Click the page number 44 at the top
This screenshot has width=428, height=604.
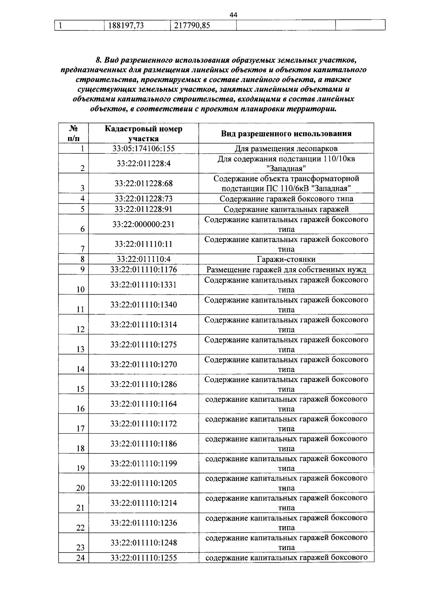point(234,15)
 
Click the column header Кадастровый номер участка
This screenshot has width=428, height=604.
point(143,134)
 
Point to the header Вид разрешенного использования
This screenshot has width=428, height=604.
point(286,134)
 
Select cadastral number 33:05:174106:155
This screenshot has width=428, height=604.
point(143,149)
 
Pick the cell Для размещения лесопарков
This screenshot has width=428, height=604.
point(286,149)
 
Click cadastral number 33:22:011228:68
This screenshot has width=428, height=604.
point(143,183)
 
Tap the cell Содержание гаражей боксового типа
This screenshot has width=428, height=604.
point(286,199)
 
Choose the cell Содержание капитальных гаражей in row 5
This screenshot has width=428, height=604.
point(286,209)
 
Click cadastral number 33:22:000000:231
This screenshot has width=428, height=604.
point(143,225)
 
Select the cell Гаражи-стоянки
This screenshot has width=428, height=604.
point(286,260)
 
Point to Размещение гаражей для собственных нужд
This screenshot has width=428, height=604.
point(286,270)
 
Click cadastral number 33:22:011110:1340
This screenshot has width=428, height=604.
point(143,304)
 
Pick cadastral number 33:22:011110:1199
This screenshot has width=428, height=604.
point(143,464)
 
